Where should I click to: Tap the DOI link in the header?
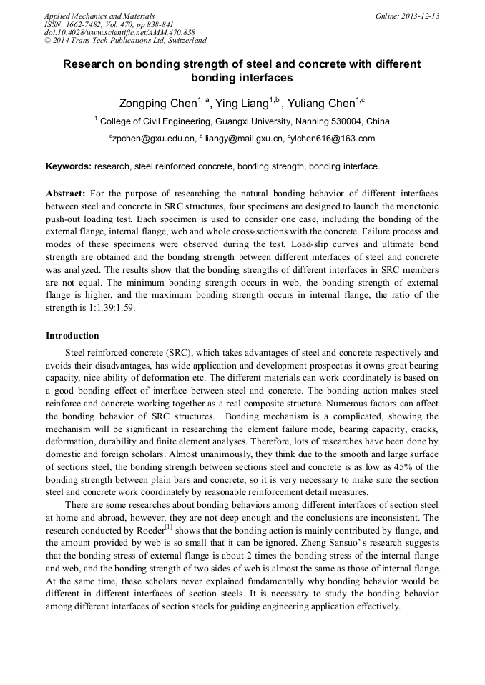click(119, 32)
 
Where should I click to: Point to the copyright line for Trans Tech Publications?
click(125, 41)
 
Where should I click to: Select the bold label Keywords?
click(69, 166)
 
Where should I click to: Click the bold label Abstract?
click(66, 194)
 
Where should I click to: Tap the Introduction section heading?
click(72, 335)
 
